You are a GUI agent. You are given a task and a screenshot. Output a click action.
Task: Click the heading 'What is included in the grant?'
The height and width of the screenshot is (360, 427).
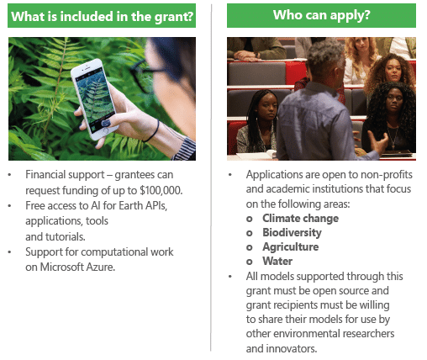point(102,16)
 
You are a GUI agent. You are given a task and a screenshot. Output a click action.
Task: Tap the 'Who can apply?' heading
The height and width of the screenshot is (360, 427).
point(322,15)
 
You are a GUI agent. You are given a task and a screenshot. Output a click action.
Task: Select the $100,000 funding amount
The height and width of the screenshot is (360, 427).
point(161,190)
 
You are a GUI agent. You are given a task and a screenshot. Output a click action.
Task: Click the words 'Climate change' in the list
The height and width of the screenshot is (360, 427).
point(300,219)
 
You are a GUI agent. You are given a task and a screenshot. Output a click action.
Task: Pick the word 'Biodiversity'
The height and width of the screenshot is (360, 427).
point(292,233)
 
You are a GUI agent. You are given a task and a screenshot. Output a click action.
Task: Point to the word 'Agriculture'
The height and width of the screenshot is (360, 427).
point(291,247)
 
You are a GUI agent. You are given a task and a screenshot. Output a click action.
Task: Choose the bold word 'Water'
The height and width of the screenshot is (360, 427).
point(277,262)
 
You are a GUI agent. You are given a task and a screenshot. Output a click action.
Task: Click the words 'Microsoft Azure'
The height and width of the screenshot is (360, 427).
point(77,267)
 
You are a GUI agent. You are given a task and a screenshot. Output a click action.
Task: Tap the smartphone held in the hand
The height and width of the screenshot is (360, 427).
point(95,98)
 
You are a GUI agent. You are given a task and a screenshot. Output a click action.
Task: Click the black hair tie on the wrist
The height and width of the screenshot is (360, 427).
point(153,131)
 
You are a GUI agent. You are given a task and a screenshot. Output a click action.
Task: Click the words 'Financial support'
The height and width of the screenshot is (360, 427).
point(65,175)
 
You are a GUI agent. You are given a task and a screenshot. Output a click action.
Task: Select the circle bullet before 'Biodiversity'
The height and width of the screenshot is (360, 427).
point(250,233)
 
